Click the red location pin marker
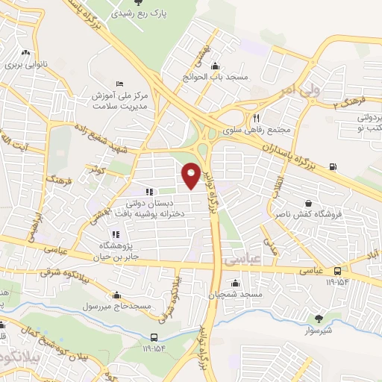[192, 174]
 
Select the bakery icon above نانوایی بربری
[27, 52]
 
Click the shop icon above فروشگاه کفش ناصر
[307, 203]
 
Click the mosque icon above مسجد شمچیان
[236, 283]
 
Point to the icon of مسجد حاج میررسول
[116, 294]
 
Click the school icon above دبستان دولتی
[149, 192]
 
